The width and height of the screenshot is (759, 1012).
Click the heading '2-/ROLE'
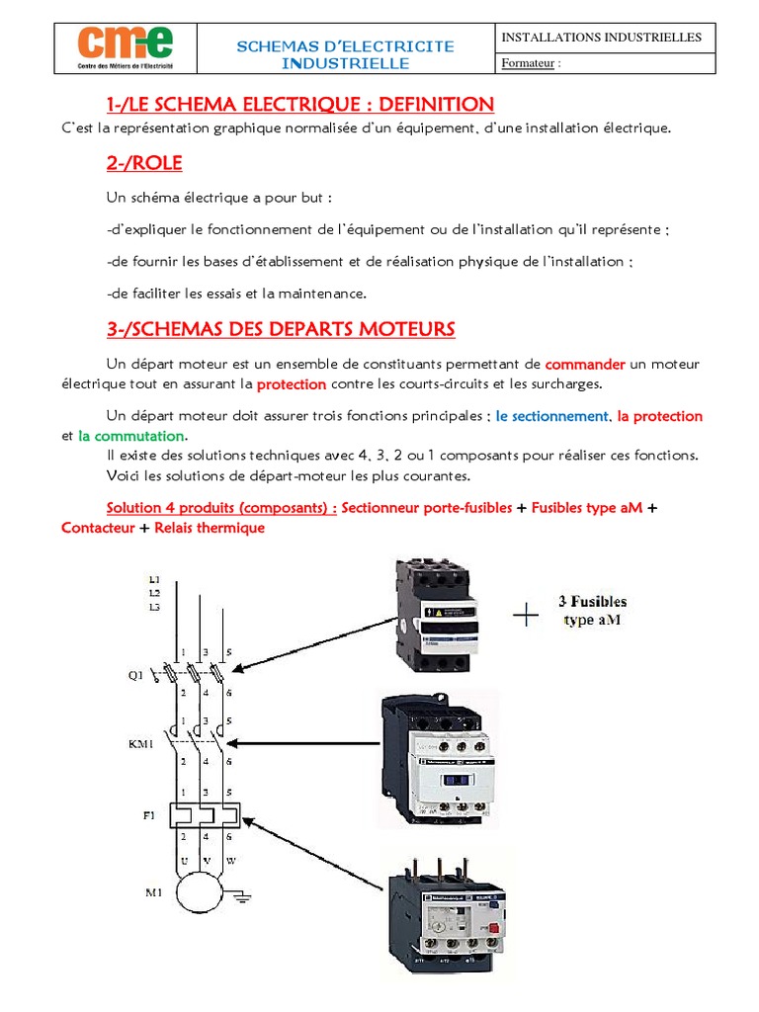tap(144, 162)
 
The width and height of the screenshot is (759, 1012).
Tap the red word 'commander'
tap(586, 364)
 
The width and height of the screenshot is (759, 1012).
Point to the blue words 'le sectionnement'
tap(552, 416)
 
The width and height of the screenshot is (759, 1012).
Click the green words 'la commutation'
tap(131, 436)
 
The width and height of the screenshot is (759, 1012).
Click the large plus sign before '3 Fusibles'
tap(526, 618)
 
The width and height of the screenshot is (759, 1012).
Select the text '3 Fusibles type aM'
tap(593, 610)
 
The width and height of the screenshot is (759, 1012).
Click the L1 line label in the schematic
tap(154, 579)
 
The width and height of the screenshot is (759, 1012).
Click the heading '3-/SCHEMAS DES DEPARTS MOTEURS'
tap(281, 328)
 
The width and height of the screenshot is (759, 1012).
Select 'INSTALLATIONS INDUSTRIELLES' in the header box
tap(601, 38)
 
